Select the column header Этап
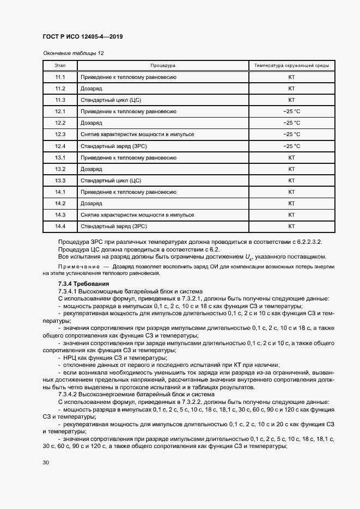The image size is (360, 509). (60, 65)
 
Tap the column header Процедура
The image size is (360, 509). (163, 65)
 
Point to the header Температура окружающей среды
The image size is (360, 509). (291, 65)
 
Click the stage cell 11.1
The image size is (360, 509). (60, 77)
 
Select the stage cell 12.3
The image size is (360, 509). (60, 134)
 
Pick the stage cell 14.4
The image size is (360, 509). (60, 226)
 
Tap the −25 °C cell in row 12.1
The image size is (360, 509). (291, 112)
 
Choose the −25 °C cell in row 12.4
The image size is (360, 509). (291, 146)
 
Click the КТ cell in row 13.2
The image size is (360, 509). (291, 169)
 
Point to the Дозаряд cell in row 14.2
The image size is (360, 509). (91, 203)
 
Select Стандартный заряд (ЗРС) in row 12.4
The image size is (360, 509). (114, 146)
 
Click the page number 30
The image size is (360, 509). (45, 463)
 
